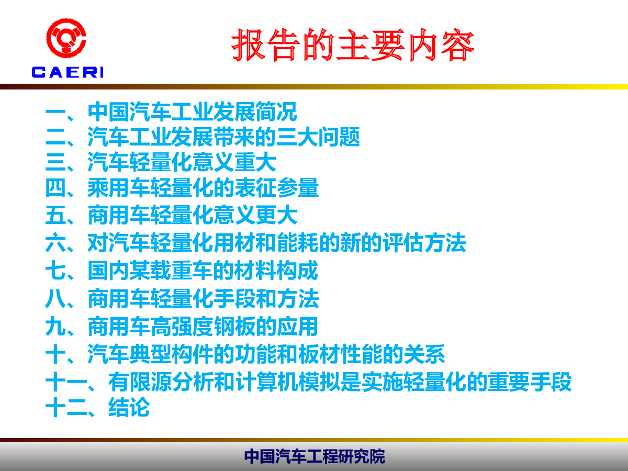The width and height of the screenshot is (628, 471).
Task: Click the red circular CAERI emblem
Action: [x=66, y=38]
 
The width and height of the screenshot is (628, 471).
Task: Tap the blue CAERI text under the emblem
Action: [x=68, y=72]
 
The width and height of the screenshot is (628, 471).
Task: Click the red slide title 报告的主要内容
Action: [x=353, y=45]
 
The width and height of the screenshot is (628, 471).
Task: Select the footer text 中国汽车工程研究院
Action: [x=315, y=456]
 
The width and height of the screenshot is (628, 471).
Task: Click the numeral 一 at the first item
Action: [x=55, y=112]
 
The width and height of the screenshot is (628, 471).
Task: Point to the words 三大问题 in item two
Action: [x=318, y=137]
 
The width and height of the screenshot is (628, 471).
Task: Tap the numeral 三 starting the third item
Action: [x=55, y=162]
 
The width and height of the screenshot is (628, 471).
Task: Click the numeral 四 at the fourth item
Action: [x=55, y=187]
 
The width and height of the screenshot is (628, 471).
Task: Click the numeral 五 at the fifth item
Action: [x=55, y=215]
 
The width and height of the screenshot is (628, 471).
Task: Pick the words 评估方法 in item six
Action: [x=424, y=242]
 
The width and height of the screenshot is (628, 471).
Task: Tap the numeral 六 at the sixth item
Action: [x=55, y=243]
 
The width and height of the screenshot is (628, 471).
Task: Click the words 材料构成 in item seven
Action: [x=276, y=270]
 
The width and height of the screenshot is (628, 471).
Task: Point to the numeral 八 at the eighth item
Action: [x=55, y=298]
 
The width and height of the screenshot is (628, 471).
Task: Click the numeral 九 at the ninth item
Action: [x=55, y=327]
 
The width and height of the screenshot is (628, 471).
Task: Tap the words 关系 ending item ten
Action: [x=424, y=354]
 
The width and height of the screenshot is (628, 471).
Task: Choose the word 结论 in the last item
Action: [x=129, y=407]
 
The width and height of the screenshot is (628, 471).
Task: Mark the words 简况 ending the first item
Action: [x=276, y=112]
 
